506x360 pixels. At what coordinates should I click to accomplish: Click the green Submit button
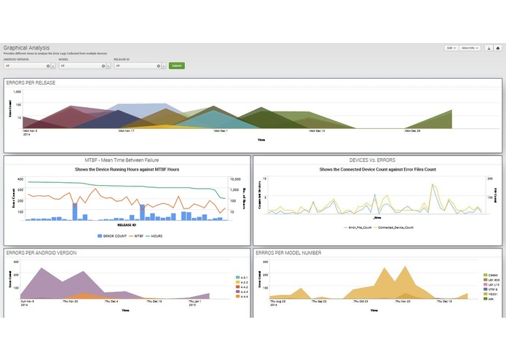pyautogui.click(x=177, y=66)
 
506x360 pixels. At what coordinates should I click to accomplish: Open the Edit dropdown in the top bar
pyautogui.click(x=451, y=48)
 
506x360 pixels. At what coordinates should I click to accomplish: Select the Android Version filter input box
pyautogui.click(x=28, y=66)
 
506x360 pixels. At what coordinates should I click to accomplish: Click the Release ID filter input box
pyautogui.click(x=136, y=66)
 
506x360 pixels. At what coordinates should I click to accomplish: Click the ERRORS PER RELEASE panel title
pyautogui.click(x=31, y=83)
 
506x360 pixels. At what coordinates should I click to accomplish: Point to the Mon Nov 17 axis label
pyautogui.click(x=127, y=132)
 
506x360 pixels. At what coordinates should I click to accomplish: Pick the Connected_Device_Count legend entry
pyautogui.click(x=397, y=227)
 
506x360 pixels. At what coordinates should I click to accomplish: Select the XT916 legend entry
pyautogui.click(x=492, y=289)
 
